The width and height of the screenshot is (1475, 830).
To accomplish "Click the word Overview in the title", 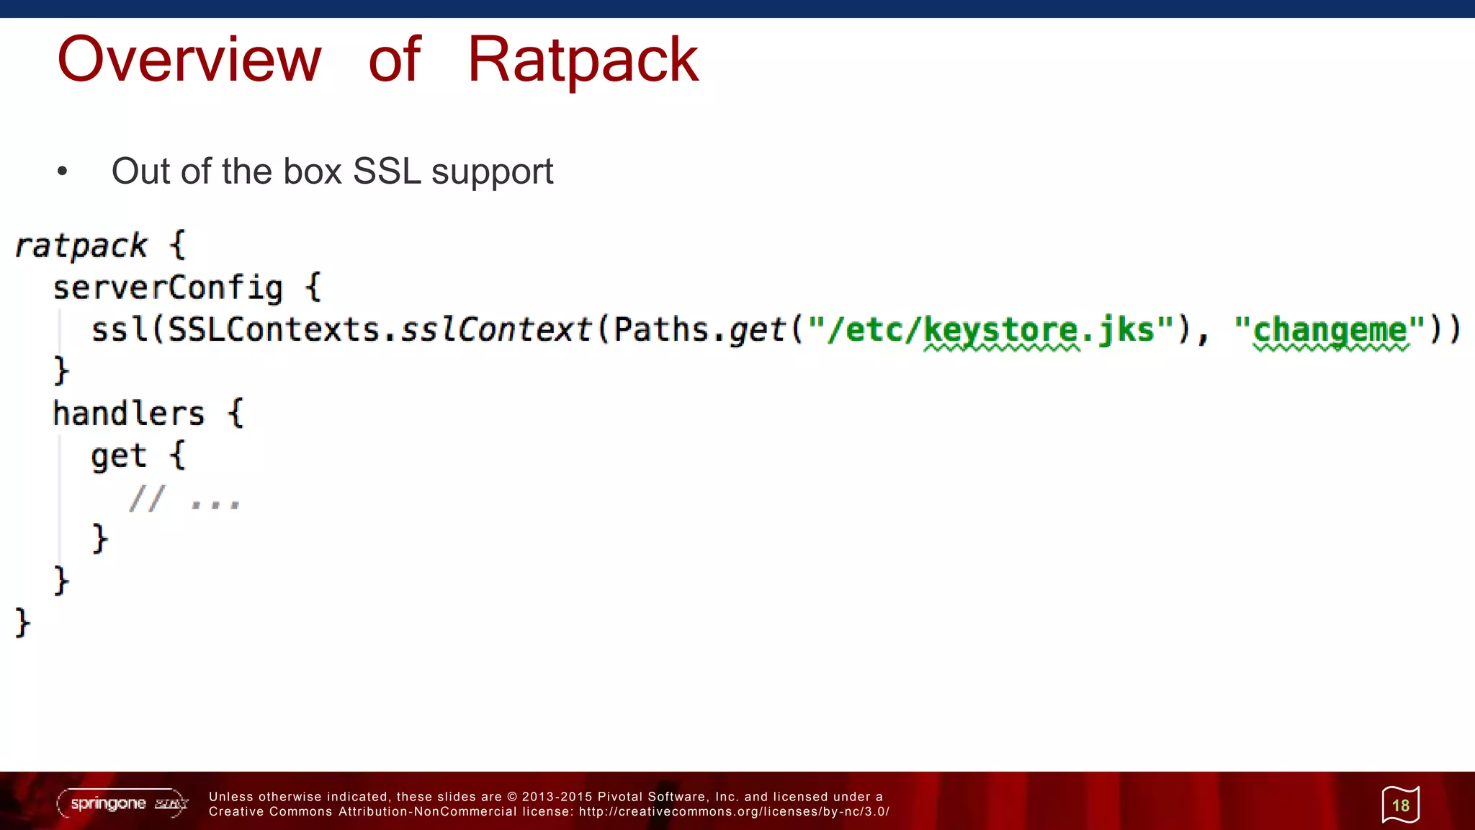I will tap(189, 60).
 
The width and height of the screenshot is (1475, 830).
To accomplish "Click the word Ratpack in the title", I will tap(583, 60).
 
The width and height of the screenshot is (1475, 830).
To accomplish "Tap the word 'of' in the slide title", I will tap(394, 60).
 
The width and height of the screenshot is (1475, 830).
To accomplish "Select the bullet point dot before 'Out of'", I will tap(63, 171).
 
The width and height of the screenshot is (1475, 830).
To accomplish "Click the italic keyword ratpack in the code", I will tap(81, 246).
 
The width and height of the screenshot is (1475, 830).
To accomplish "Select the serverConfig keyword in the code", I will tap(168, 288).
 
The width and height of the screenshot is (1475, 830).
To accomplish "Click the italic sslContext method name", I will tap(496, 330).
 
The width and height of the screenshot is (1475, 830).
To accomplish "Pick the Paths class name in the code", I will tap(660, 330).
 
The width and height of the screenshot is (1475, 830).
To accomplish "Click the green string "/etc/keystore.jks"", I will tap(991, 330).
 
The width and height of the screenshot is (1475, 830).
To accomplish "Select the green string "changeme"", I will tap(1330, 330).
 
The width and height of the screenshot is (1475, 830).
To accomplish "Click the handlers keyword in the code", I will tap(129, 414).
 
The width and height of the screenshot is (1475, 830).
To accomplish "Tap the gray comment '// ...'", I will tap(184, 498).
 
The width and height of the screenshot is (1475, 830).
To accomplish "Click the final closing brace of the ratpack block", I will tap(22, 622).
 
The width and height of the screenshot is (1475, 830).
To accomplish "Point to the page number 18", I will tap(1400, 805).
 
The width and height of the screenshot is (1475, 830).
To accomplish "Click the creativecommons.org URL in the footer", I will tap(734, 812).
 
